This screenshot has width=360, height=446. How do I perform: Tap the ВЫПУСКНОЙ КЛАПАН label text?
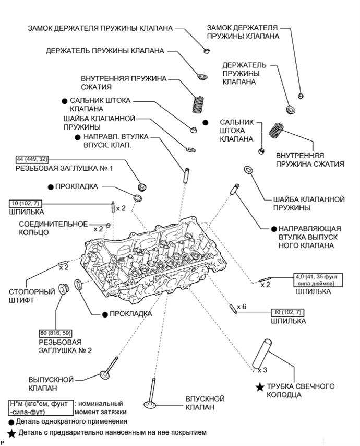50,384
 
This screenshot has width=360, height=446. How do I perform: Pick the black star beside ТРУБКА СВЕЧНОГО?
259,386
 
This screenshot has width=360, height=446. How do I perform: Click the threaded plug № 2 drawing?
65,288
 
